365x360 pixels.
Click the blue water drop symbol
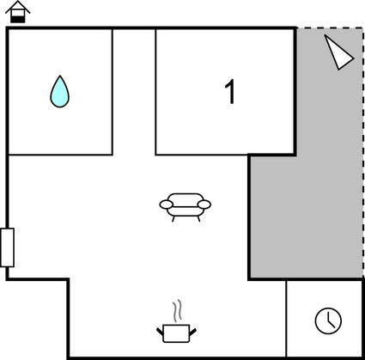pos(60,92)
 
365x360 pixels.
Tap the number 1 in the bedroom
pos(230,92)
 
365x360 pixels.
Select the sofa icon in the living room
pos(186,207)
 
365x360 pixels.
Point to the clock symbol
pos(328,320)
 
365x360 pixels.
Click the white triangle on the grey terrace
pos(338,52)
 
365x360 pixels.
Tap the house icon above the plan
pos(18,12)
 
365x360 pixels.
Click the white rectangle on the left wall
pos(7,247)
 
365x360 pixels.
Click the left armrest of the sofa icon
pos(167,204)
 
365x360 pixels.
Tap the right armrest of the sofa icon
pos(204,204)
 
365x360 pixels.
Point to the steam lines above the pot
pos(178,310)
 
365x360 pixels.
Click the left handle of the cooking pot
pos(160,332)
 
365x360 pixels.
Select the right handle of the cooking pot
pos(193,332)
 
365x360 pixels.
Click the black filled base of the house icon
pos(18,20)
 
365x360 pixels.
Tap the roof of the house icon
pos(18,7)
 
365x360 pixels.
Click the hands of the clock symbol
pos(330,322)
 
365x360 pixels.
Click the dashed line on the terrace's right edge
pos(363,152)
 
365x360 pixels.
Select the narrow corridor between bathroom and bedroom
pos(134,92)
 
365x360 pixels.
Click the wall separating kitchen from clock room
pos(286,319)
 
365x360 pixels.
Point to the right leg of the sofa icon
pos(198,219)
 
